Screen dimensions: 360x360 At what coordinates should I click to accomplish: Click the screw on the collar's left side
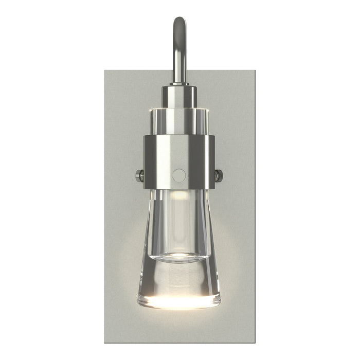point(139,176)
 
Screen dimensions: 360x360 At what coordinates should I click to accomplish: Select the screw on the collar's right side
point(220,176)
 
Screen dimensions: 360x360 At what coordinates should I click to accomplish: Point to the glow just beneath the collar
point(179,194)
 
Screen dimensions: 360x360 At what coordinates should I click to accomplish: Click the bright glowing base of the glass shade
point(179,301)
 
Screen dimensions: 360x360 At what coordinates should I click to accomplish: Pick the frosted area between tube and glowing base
point(179,278)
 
